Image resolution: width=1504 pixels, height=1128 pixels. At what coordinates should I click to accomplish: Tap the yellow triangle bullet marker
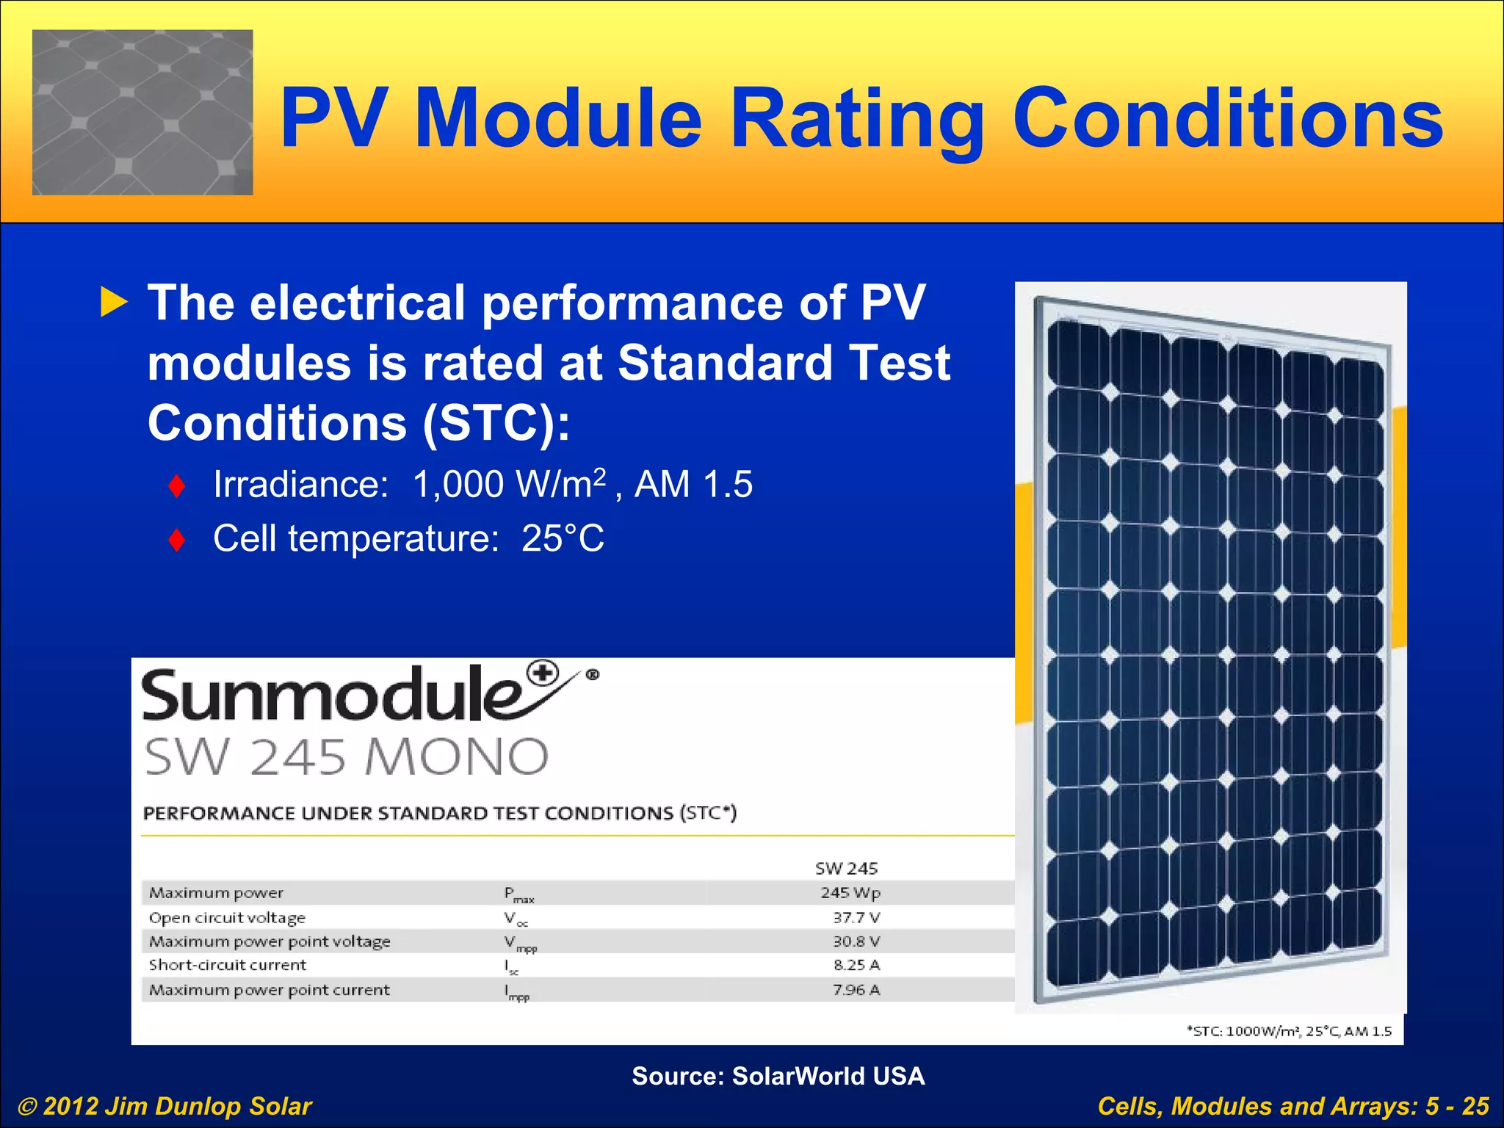(x=114, y=303)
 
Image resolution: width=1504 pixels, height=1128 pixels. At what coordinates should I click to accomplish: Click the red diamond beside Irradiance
(x=176, y=485)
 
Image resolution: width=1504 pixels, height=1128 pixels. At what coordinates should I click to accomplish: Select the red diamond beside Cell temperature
(x=176, y=540)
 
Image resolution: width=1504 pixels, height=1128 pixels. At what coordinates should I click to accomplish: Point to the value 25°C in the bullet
(x=563, y=539)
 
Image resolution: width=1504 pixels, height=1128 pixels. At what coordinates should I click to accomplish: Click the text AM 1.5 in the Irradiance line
(x=693, y=485)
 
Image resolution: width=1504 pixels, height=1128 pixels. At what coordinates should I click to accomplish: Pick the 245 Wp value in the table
(x=850, y=893)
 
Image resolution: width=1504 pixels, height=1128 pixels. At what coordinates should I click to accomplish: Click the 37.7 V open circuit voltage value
(x=856, y=917)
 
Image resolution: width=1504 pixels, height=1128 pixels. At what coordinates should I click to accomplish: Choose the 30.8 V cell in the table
(x=856, y=941)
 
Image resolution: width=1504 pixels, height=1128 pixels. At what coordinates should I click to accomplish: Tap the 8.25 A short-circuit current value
(x=856, y=965)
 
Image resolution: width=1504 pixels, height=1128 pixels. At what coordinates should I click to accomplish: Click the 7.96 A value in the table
(x=856, y=990)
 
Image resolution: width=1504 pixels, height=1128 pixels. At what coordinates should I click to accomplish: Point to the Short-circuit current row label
(x=228, y=965)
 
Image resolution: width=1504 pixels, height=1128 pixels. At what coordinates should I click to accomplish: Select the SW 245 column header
(x=846, y=869)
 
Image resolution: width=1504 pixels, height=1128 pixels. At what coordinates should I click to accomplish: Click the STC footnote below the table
(x=1289, y=1031)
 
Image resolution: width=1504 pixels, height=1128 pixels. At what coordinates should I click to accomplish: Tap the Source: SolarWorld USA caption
(x=778, y=1076)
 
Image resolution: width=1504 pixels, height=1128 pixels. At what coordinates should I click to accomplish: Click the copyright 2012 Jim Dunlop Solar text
(x=165, y=1106)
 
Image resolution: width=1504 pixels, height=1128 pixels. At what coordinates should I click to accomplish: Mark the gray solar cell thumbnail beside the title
(x=142, y=112)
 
